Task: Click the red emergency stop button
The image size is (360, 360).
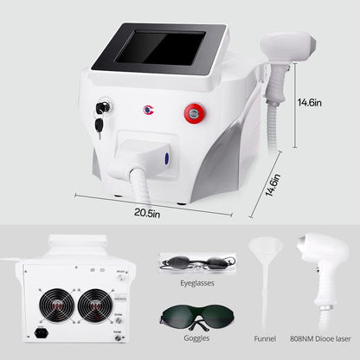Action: tap(195, 112)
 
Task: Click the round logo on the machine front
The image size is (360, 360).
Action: tap(149, 110)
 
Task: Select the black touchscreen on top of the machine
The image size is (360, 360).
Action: tap(160, 48)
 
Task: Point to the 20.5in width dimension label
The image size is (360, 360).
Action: tap(147, 214)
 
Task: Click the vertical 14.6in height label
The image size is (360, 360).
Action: tap(310, 102)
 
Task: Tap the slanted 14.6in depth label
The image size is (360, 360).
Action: tap(273, 185)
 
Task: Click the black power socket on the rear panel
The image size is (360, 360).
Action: tap(42, 333)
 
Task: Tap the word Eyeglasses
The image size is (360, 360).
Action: tap(197, 283)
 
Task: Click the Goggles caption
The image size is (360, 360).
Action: tap(196, 337)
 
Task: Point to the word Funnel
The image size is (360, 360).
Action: tap(265, 338)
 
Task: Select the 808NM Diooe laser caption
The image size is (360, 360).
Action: tap(320, 338)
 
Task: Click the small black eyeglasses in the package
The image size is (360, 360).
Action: tap(198, 263)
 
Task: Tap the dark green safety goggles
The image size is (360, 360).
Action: tap(197, 318)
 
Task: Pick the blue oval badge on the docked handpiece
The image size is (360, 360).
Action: tap(167, 159)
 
